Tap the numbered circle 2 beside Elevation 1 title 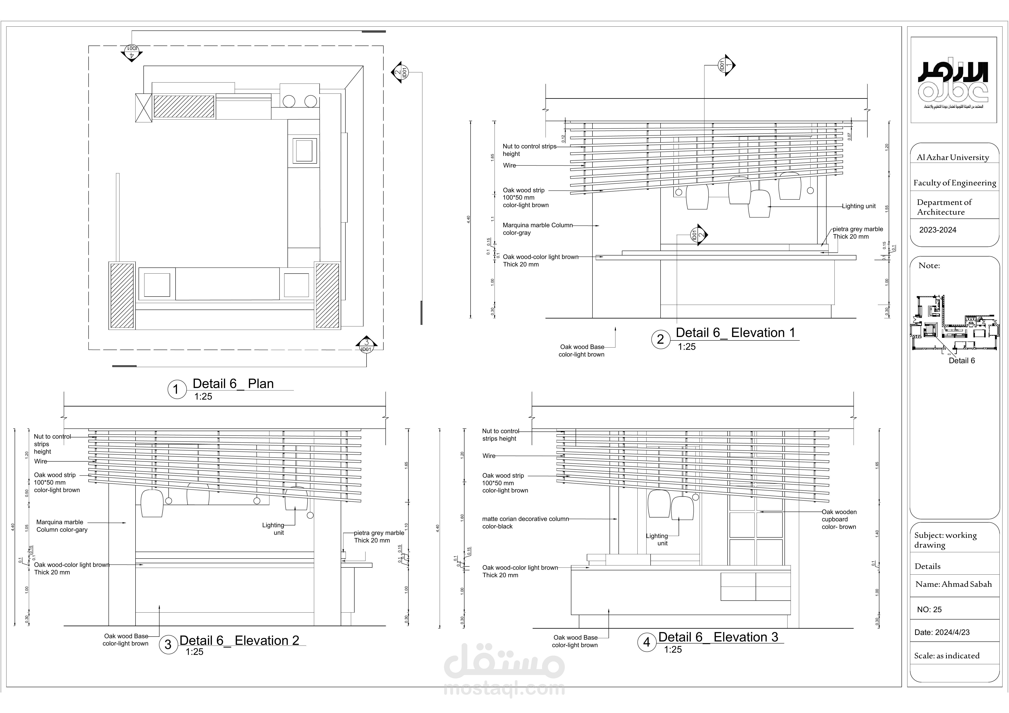660,339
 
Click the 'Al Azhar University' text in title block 952,157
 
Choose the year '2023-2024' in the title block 937,230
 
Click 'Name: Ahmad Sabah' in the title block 953,584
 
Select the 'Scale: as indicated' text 947,656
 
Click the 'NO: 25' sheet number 929,610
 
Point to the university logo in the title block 953,84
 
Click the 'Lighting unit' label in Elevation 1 858,206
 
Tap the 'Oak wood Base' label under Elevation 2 126,640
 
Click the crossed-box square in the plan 143,108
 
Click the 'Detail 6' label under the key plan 961,361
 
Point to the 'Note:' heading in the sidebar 929,265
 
